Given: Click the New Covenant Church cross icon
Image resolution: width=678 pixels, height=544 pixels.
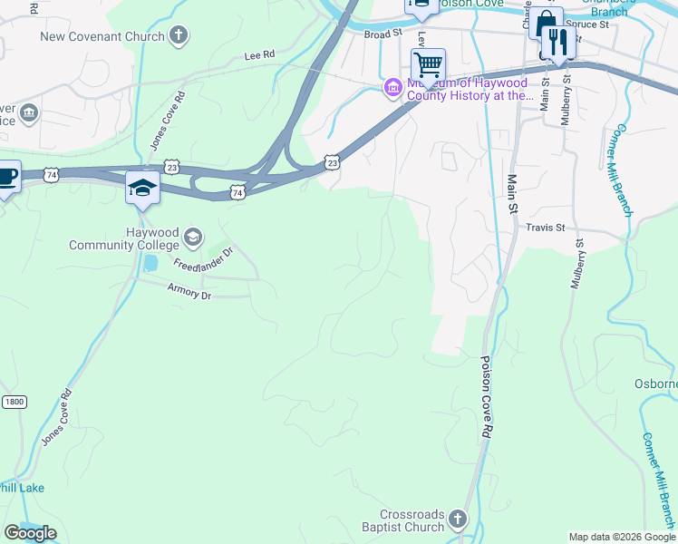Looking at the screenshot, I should click(x=179, y=36).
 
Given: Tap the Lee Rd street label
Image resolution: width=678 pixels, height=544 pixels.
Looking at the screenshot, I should click(x=259, y=55).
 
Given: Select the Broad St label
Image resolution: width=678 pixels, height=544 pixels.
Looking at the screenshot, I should click(x=383, y=34).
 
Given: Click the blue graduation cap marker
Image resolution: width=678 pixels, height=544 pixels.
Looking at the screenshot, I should click(x=143, y=188).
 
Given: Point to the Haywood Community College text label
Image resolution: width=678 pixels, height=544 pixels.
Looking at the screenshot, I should click(x=125, y=238).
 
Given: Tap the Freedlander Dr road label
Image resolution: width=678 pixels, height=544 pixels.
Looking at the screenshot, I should click(x=204, y=258).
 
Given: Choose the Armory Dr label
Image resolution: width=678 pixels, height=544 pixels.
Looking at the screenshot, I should click(x=189, y=290).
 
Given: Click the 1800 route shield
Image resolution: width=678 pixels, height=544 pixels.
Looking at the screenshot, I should click(x=12, y=402).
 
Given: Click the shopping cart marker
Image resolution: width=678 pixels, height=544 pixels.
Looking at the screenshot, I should click(x=427, y=64).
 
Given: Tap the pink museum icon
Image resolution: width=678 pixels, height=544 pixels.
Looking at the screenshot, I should click(x=393, y=88).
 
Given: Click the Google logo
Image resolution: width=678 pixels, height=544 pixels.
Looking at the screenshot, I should click(x=30, y=533).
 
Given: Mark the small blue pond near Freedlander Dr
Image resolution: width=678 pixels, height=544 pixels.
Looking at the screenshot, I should click(x=150, y=264).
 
